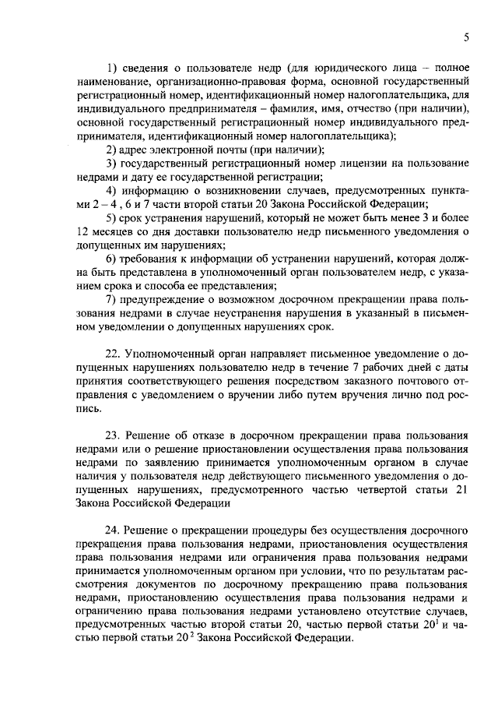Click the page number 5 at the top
pyautogui.click(x=465, y=37)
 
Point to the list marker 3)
pyautogui.click(x=112, y=164)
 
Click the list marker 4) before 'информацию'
pyautogui.click(x=112, y=191)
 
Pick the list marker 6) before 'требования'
pyautogui.click(x=112, y=259)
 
